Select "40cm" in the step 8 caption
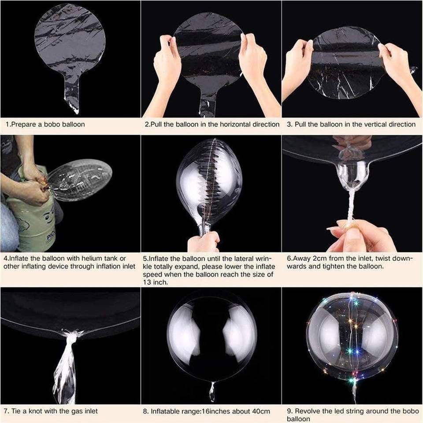[262, 412]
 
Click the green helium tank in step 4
[32, 213]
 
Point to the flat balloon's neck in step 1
[72, 94]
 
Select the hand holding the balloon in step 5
[204, 242]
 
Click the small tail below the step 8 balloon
[212, 391]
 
